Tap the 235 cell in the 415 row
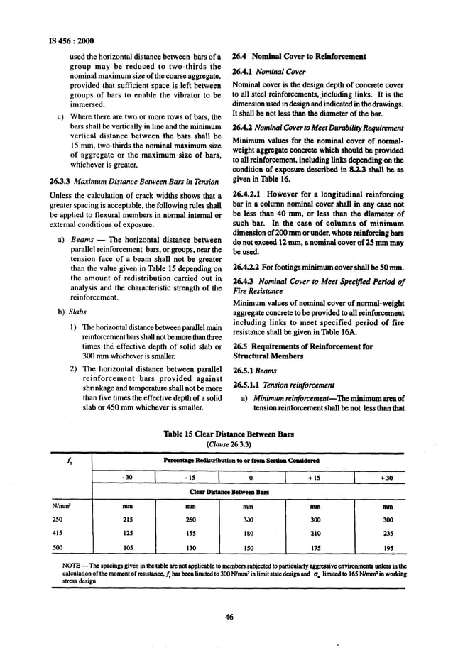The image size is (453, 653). point(388,534)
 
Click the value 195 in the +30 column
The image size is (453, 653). point(388,548)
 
